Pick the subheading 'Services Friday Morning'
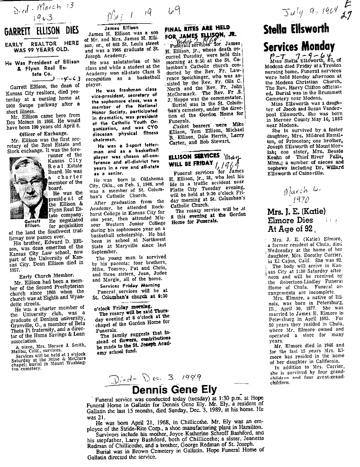point(123,286)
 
